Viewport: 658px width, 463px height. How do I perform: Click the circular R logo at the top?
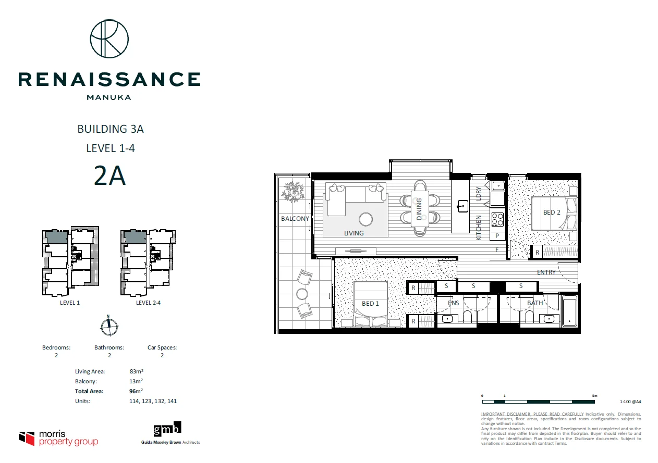pos(109,39)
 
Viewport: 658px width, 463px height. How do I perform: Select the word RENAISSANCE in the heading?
pos(109,79)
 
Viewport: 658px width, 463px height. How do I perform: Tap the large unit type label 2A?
pos(109,177)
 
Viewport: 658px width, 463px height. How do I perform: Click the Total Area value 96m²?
pos(136,391)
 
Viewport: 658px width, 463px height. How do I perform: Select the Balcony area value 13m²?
pos(136,381)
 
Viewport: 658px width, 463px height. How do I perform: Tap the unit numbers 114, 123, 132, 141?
pos(153,401)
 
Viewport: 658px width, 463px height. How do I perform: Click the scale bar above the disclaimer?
pos(539,402)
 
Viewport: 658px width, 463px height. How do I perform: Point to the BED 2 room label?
pos(552,212)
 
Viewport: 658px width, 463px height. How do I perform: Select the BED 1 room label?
pos(370,304)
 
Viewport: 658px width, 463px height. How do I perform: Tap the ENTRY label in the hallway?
pos(546,272)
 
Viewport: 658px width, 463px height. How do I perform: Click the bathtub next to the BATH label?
pos(569,311)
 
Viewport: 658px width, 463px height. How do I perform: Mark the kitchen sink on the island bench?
pos(462,206)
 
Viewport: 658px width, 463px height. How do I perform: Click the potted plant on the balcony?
pos(293,191)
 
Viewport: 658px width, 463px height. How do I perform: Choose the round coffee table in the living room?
pos(367,220)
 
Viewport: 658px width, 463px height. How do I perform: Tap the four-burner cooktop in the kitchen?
pos(497,219)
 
